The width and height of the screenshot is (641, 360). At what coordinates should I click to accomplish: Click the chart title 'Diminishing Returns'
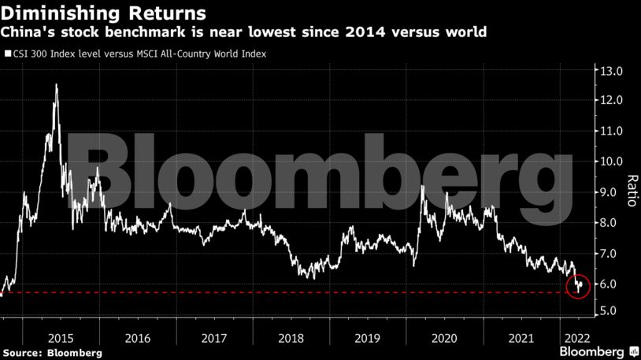point(105,13)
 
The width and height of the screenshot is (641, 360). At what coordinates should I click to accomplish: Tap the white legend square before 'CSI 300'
point(7,54)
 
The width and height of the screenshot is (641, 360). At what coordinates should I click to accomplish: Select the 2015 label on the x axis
point(61,337)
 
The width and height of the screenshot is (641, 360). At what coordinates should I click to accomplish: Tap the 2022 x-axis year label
point(573,337)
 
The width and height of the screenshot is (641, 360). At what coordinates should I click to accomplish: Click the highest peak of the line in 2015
point(56,84)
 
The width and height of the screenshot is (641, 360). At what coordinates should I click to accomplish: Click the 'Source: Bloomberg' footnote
point(52,352)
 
